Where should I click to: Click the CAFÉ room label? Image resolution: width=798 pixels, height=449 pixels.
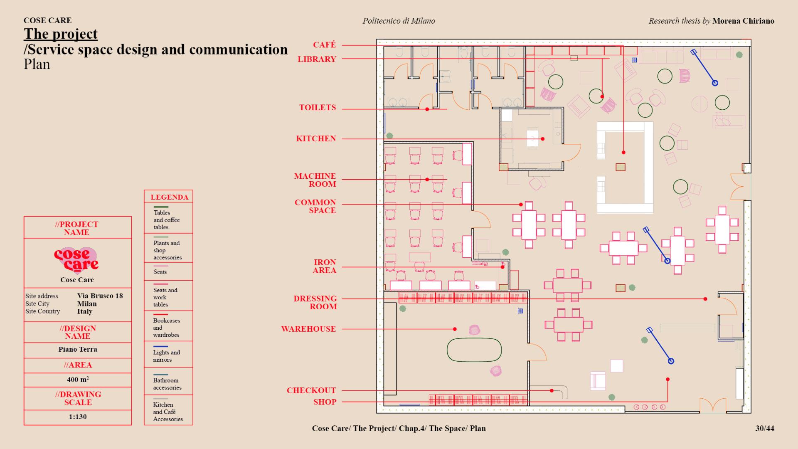(x=324, y=45)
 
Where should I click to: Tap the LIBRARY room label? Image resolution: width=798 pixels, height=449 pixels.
(x=317, y=59)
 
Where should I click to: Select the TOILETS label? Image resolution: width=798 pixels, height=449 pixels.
(x=318, y=108)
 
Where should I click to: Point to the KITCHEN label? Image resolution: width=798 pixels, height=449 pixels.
(x=316, y=139)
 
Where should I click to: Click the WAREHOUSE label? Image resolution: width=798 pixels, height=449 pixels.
(x=308, y=329)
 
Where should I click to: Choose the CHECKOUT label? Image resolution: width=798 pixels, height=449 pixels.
(x=311, y=390)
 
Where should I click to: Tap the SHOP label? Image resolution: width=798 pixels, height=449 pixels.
(x=325, y=402)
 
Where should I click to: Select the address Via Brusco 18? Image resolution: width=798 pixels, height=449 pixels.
(x=100, y=296)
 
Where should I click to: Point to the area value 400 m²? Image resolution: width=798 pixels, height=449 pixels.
(x=78, y=380)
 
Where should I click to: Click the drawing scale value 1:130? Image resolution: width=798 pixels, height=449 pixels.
(x=78, y=417)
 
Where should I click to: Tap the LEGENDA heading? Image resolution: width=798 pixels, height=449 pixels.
(x=169, y=197)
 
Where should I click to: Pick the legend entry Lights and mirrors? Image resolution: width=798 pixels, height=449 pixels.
(x=166, y=356)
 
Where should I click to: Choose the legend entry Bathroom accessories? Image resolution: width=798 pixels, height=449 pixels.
(x=167, y=384)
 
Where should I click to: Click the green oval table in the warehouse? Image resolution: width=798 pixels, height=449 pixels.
(x=474, y=350)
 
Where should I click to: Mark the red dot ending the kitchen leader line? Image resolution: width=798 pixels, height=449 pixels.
(x=543, y=139)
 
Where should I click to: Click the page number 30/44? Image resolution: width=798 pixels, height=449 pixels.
(x=765, y=428)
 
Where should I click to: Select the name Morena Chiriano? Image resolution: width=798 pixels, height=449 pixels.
(x=743, y=21)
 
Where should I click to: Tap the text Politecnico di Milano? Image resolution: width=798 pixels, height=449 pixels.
(x=399, y=21)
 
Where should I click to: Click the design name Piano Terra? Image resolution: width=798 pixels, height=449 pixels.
(x=78, y=349)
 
